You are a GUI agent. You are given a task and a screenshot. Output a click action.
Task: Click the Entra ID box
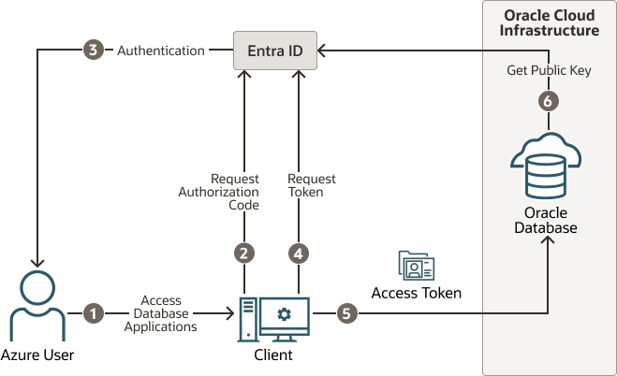point(274,50)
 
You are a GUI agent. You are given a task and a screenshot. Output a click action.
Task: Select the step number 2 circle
point(244,253)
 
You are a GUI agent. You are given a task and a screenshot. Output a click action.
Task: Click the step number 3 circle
point(93,51)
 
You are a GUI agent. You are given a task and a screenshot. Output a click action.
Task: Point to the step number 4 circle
point(299,253)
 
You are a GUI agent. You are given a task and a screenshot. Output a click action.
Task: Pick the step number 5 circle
point(346,313)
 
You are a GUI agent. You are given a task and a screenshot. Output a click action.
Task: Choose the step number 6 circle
point(550,101)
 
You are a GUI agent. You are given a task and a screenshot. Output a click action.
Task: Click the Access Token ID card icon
point(416,267)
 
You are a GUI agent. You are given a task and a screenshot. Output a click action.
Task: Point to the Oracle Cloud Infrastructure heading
point(551,23)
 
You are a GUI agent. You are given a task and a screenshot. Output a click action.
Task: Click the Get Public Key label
point(550,70)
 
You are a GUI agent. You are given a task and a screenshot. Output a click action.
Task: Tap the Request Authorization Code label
point(218,193)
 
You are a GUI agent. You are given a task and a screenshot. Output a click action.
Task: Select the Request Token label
point(311,185)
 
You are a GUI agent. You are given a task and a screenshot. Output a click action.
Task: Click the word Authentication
point(160,51)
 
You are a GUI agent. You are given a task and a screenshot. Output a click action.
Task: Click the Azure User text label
point(37,355)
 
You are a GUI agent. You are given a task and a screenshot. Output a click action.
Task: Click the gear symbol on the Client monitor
point(284,312)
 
